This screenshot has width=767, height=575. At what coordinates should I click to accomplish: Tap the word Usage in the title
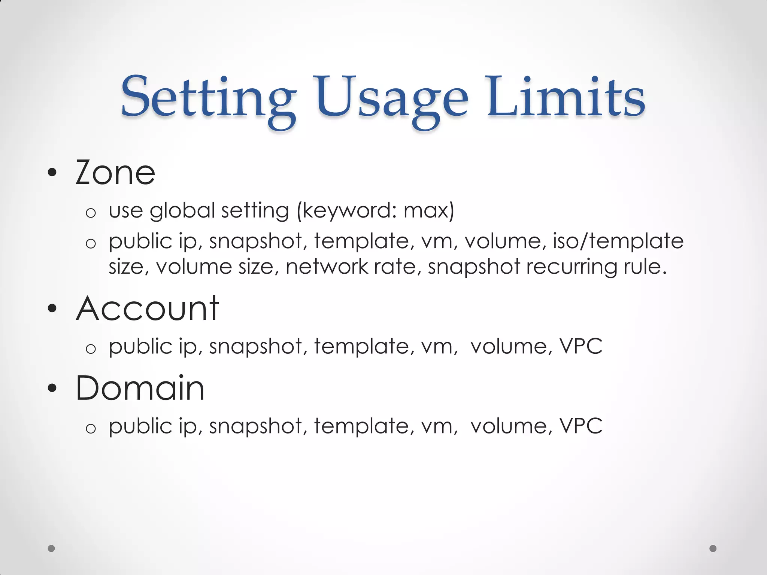(x=392, y=98)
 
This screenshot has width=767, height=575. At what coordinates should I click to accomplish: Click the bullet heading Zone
(x=115, y=173)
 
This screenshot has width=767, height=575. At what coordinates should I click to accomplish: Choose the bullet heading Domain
(x=140, y=388)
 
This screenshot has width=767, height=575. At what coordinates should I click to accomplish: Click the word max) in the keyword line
(x=429, y=210)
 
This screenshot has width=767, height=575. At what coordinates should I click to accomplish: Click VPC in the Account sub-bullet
(x=581, y=346)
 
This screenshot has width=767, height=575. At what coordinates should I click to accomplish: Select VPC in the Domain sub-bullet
(x=581, y=426)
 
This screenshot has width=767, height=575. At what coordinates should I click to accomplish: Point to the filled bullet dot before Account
(x=52, y=309)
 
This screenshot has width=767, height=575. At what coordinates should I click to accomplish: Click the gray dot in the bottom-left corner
(x=52, y=548)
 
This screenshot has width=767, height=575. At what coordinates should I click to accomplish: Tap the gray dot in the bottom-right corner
(x=713, y=548)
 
